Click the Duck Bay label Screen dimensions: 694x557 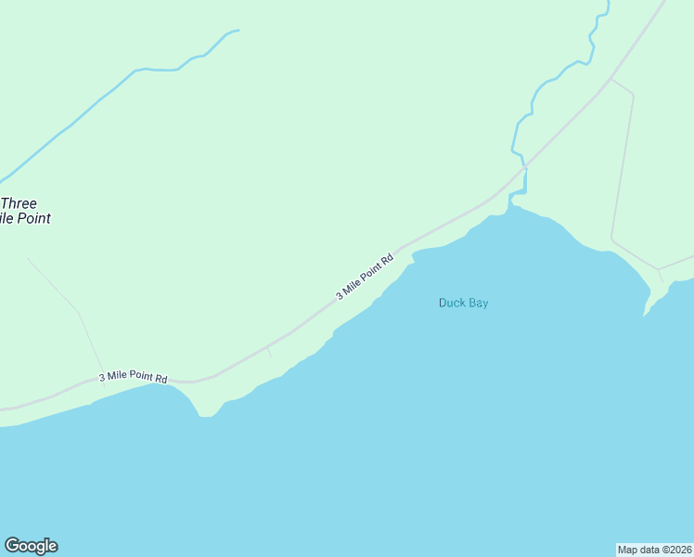pos(463,303)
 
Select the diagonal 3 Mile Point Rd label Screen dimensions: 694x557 pos(365,276)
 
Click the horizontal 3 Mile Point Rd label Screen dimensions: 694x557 pos(133,377)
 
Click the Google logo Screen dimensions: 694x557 pos(31,546)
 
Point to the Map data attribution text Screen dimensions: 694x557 pos(654,549)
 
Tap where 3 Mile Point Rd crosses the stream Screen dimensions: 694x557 pos(524,168)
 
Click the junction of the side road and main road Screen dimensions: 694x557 pos(610,79)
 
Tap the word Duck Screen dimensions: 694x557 pos(451,303)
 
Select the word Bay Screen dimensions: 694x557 pos(477,303)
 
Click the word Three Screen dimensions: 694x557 pos(19,203)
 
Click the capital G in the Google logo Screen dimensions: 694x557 pos(12,546)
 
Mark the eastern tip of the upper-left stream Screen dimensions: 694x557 pos(238,31)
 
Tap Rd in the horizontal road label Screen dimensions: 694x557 pos(161,378)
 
